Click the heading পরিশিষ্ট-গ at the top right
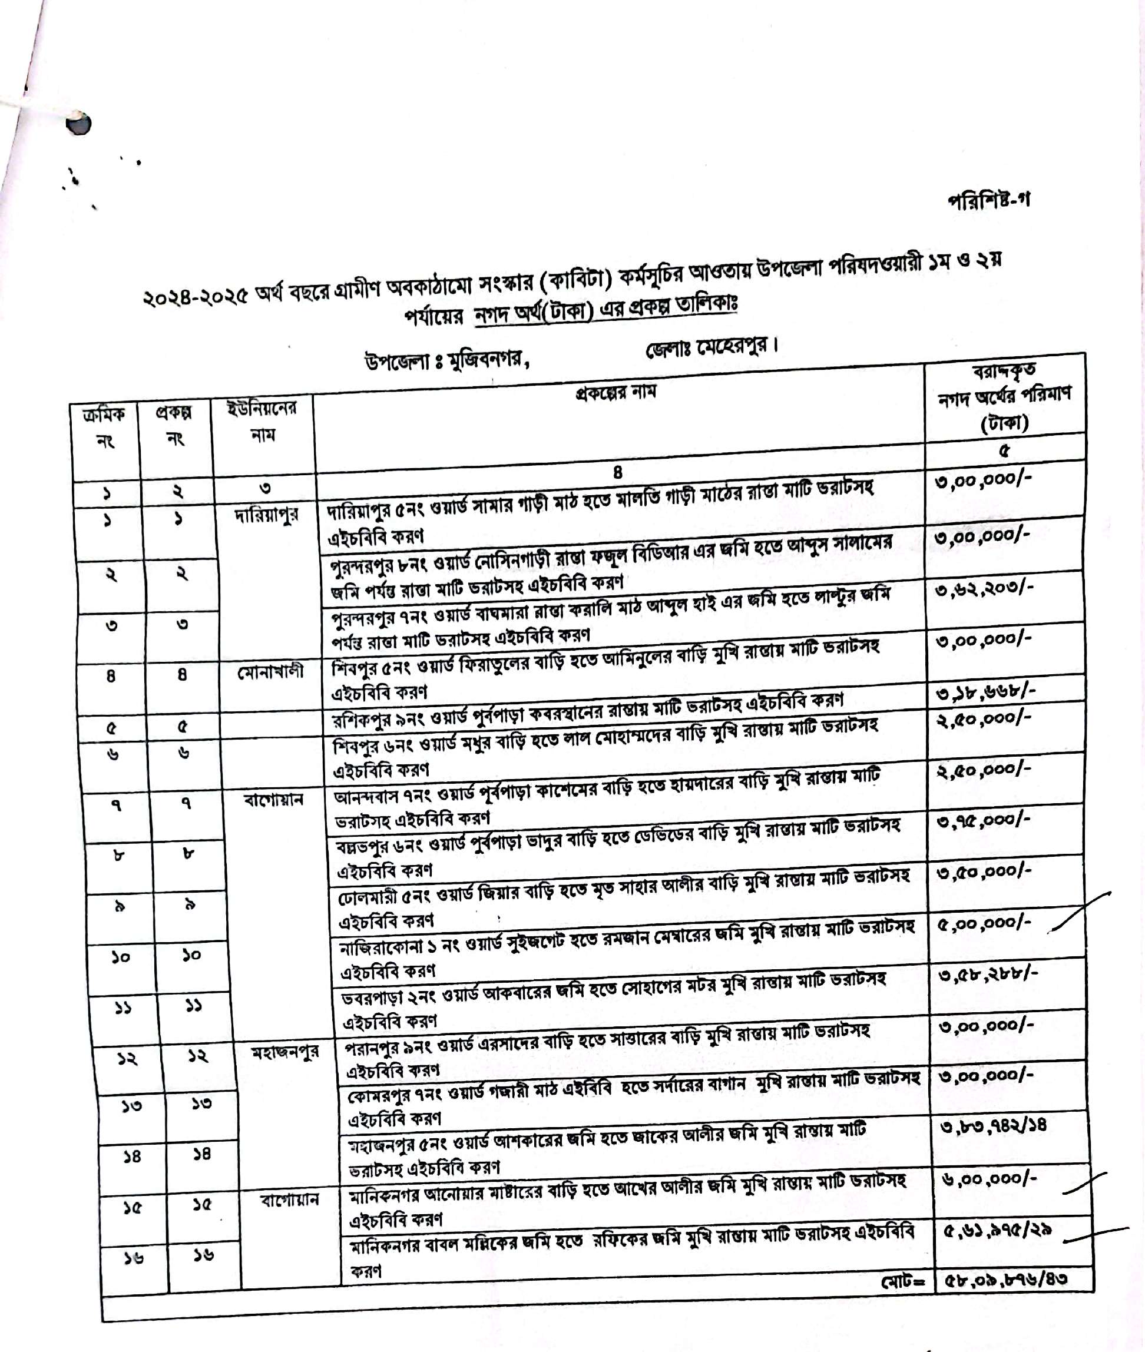point(988,200)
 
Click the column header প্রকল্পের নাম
point(616,392)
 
